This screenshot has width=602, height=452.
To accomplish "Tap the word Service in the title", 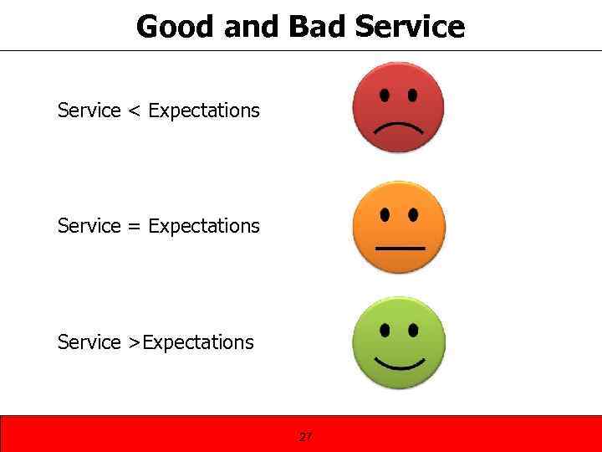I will coord(409,27).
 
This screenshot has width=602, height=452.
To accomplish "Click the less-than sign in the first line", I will coord(134,110).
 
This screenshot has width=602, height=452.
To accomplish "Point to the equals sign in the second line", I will coord(134,226).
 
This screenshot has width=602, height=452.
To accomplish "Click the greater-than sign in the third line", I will coord(134,342).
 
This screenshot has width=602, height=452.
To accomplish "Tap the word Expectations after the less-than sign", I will coord(204,110).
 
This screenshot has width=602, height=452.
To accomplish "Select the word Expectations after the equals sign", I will coord(204,226).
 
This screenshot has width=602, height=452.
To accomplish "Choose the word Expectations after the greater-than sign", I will coord(198,342).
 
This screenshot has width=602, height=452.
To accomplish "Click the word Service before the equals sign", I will coord(89,226).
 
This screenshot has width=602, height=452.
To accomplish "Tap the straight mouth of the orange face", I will coord(399,249).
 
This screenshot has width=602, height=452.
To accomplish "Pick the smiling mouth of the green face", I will coord(399,363).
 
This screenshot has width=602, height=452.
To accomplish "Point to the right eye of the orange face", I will coord(413,214).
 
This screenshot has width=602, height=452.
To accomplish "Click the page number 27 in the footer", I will coord(305,436).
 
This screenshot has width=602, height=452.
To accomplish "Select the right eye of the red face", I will coord(412,95).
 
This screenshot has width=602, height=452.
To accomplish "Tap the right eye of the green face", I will coord(413,329).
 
